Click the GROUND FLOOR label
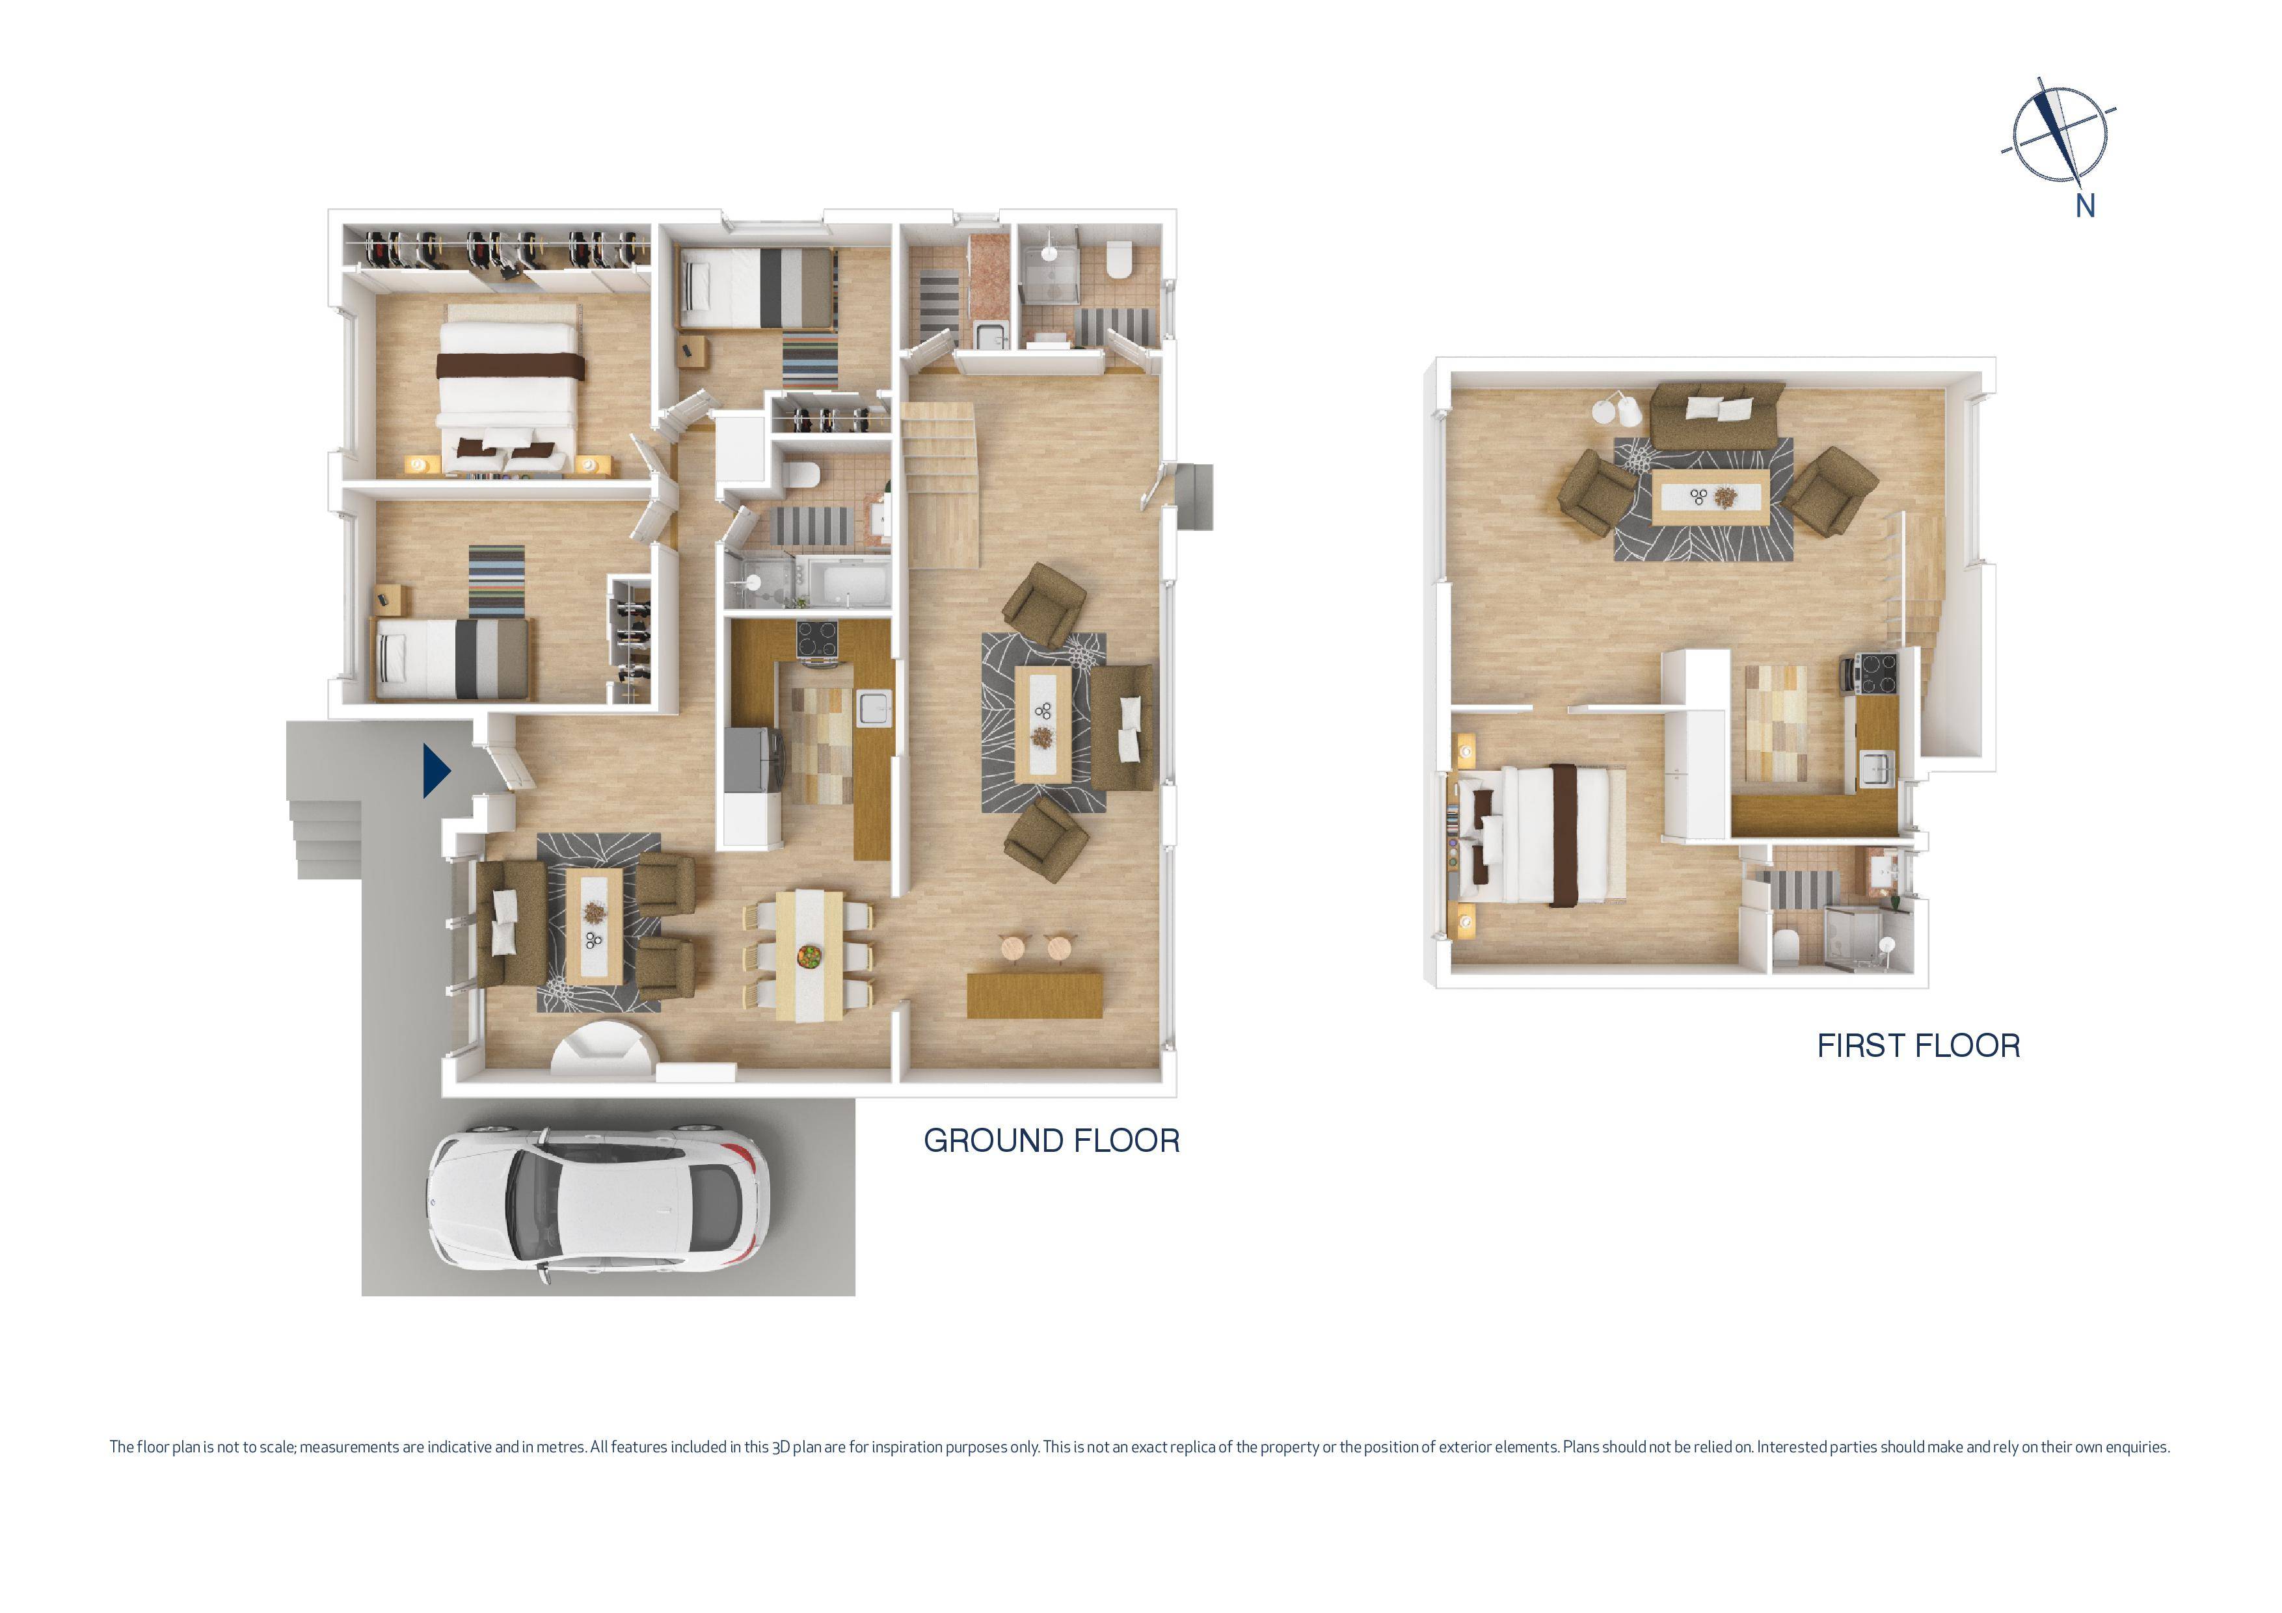point(1051,1141)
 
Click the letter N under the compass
point(2085,207)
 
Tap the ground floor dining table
point(809,954)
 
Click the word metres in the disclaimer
point(563,1447)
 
